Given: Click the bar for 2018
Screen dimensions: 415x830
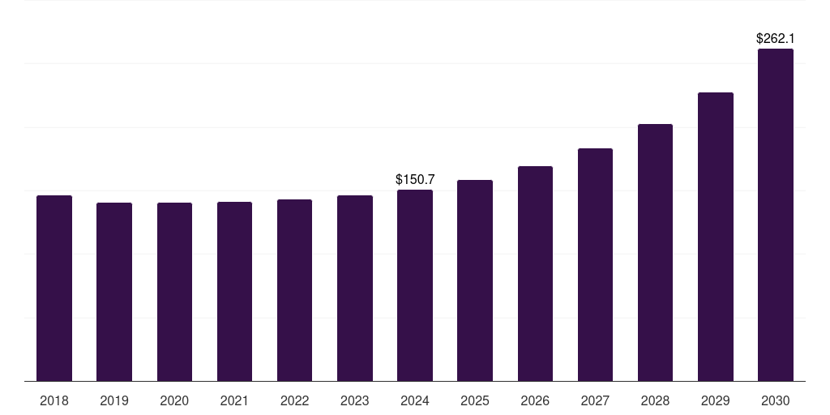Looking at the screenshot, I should click(54, 288).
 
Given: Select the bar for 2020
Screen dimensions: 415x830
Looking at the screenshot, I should click(174, 292).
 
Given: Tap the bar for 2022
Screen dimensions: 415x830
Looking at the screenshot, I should click(294, 290).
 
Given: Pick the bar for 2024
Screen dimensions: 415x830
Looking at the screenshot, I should click(415, 285).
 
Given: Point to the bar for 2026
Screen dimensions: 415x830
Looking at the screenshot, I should click(535, 273).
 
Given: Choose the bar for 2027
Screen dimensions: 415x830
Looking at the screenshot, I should click(595, 264).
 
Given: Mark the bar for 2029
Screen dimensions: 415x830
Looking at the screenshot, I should click(716, 237).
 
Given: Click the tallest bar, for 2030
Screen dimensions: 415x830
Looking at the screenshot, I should click(776, 215).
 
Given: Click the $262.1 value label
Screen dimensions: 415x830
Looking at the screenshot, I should click(776, 38).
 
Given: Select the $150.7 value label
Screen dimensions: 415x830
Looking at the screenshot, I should click(415, 179).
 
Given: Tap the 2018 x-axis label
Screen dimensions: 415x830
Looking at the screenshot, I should click(54, 400).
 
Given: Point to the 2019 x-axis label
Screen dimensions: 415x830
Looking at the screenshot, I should click(114, 400).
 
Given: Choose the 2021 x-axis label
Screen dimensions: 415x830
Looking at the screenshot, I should click(234, 400).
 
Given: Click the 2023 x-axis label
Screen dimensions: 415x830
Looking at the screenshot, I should click(355, 400).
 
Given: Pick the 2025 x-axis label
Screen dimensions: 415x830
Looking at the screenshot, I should click(475, 400).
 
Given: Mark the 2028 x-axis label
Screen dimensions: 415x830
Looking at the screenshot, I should click(655, 400).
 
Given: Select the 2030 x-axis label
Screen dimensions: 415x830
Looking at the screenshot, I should click(776, 400).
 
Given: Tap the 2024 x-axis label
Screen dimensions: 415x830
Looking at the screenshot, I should click(415, 400).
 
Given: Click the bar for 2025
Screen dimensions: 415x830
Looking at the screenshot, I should click(475, 280).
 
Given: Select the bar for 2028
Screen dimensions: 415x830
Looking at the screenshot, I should click(655, 252).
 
